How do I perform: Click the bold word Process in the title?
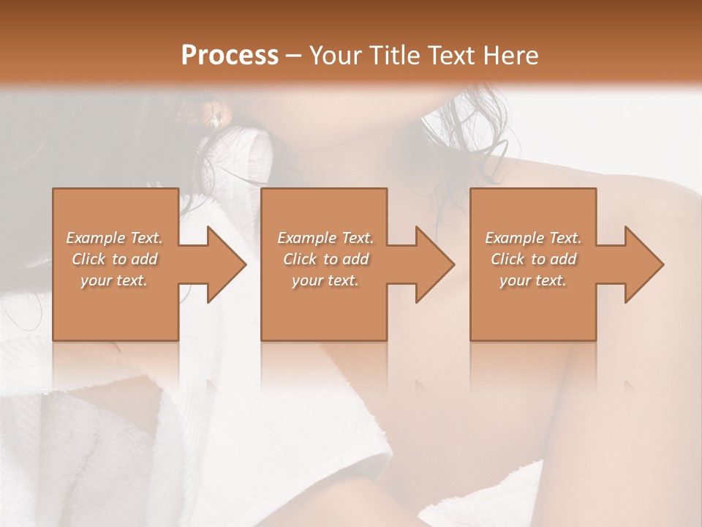tap(230, 56)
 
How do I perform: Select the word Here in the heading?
tap(511, 56)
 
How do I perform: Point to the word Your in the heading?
tap(336, 56)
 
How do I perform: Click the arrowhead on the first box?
tap(224, 264)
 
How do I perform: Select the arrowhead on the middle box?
tap(432, 264)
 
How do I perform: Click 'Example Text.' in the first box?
tap(114, 238)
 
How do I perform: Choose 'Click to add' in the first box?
tap(114, 259)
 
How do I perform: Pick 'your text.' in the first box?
tap(114, 280)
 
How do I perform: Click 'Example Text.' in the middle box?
tap(325, 238)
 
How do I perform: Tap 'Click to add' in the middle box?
tap(325, 259)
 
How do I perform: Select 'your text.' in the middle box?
tap(325, 280)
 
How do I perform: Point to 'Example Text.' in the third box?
tap(533, 238)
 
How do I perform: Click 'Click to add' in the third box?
tap(533, 259)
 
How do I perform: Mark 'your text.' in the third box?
tap(533, 280)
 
